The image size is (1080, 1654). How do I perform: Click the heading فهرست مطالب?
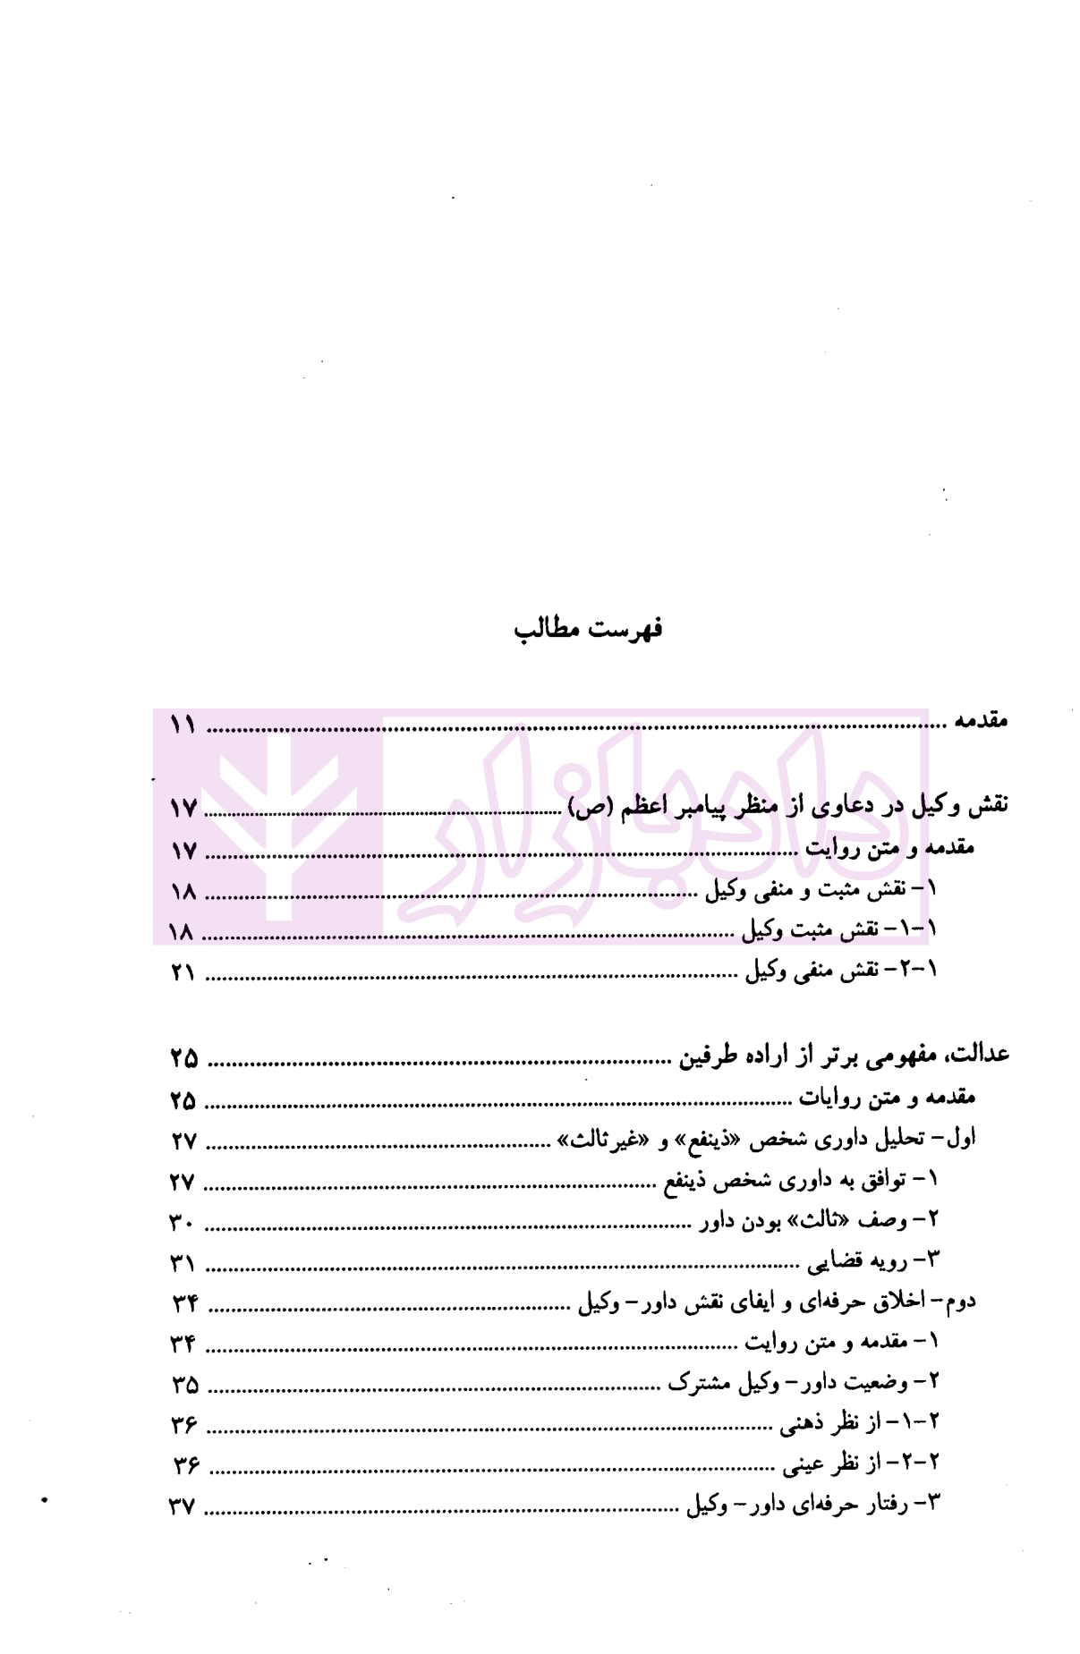point(587,629)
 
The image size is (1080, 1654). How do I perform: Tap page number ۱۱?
point(183,725)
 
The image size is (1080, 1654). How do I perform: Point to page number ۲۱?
point(183,972)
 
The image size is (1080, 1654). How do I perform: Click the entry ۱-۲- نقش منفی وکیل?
point(841,971)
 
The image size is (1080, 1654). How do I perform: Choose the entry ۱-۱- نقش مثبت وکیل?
point(838,930)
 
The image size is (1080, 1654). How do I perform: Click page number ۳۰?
point(183,1223)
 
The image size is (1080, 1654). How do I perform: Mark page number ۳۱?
point(183,1264)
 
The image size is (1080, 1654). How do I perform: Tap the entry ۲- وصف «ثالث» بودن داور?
point(819,1221)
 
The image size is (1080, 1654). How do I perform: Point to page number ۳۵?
point(184,1385)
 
